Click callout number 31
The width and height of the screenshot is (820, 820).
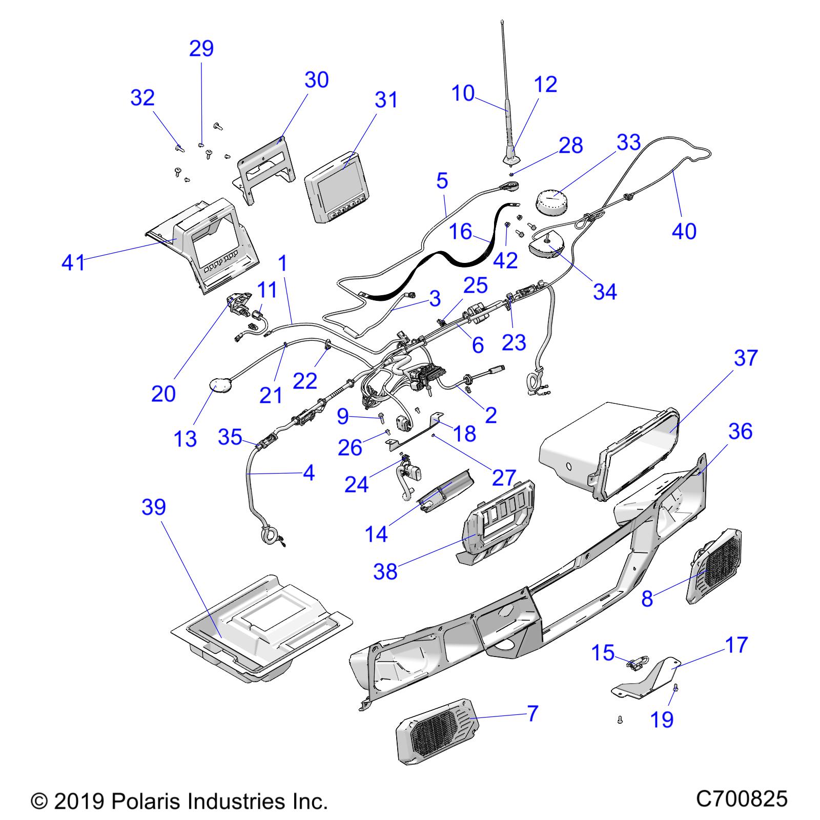point(386,99)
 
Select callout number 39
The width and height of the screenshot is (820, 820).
point(154,507)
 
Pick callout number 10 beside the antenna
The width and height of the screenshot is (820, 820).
point(463,94)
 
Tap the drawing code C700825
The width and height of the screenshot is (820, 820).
point(741,799)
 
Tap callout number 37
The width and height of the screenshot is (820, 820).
point(745,358)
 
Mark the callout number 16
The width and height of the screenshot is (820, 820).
point(460,232)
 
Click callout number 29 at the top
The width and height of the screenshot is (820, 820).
point(201,49)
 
